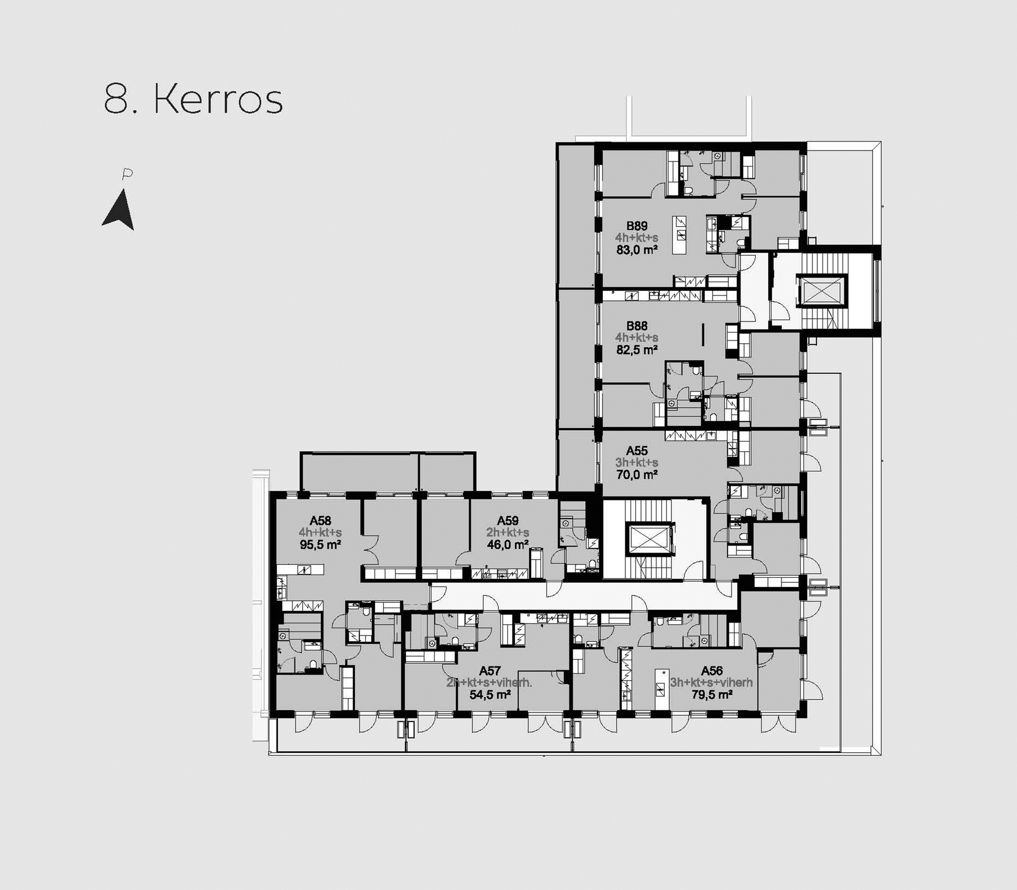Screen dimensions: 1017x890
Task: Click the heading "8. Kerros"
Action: tap(193, 99)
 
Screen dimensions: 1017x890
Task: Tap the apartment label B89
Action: tap(637, 226)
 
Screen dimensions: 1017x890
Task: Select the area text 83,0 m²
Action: tap(637, 250)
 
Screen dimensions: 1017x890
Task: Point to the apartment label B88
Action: tap(637, 326)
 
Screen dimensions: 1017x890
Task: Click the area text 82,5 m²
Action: tap(637, 350)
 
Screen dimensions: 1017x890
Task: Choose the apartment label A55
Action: tap(637, 451)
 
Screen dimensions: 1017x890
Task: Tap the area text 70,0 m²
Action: tap(637, 475)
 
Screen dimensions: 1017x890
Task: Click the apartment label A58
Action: tap(320, 521)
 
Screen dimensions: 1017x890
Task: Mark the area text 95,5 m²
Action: tap(320, 545)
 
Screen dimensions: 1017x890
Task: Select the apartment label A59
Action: tap(507, 521)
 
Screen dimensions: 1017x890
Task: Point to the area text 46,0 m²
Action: tap(507, 545)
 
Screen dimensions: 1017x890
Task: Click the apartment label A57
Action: tap(490, 671)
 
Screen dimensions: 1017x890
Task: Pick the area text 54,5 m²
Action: tap(490, 695)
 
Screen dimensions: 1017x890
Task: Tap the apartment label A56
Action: tap(712, 671)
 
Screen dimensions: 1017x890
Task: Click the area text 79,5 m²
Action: tap(712, 695)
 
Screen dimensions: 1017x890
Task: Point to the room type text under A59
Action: tap(507, 533)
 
